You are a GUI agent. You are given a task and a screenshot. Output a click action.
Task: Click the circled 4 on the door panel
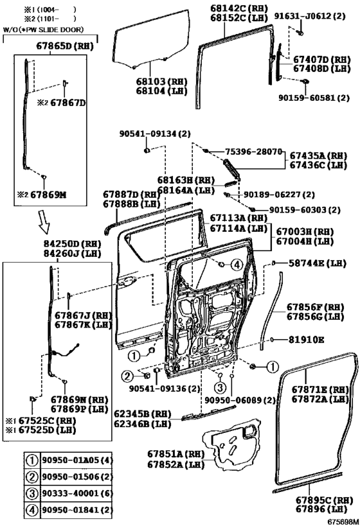235,263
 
